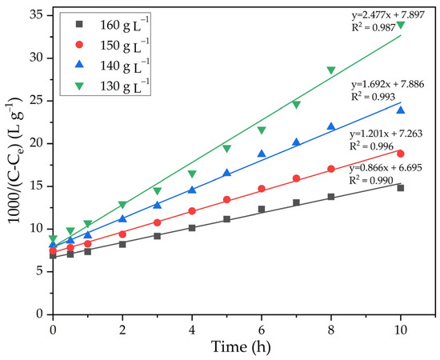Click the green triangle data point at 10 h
[x=400, y=25]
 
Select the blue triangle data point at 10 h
[x=400, y=110]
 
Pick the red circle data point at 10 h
[x=400, y=154]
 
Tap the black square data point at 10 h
[x=400, y=188]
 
